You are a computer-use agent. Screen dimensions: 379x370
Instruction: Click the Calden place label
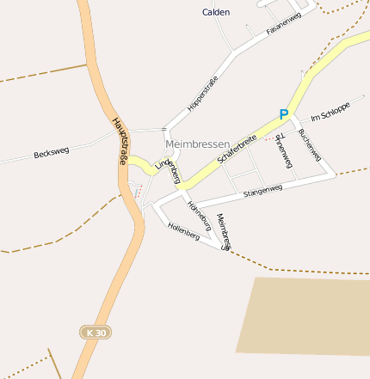(x=216, y=12)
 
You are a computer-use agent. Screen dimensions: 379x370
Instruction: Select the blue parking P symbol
(x=283, y=113)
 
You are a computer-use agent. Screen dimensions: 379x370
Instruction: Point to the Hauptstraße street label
(x=120, y=142)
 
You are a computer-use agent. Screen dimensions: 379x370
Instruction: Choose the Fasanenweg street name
(x=283, y=24)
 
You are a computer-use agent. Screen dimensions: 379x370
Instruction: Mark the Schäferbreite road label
(x=237, y=146)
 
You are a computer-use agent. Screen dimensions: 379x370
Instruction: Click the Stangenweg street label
(x=262, y=191)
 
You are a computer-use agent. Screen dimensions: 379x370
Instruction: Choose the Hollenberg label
(x=184, y=232)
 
